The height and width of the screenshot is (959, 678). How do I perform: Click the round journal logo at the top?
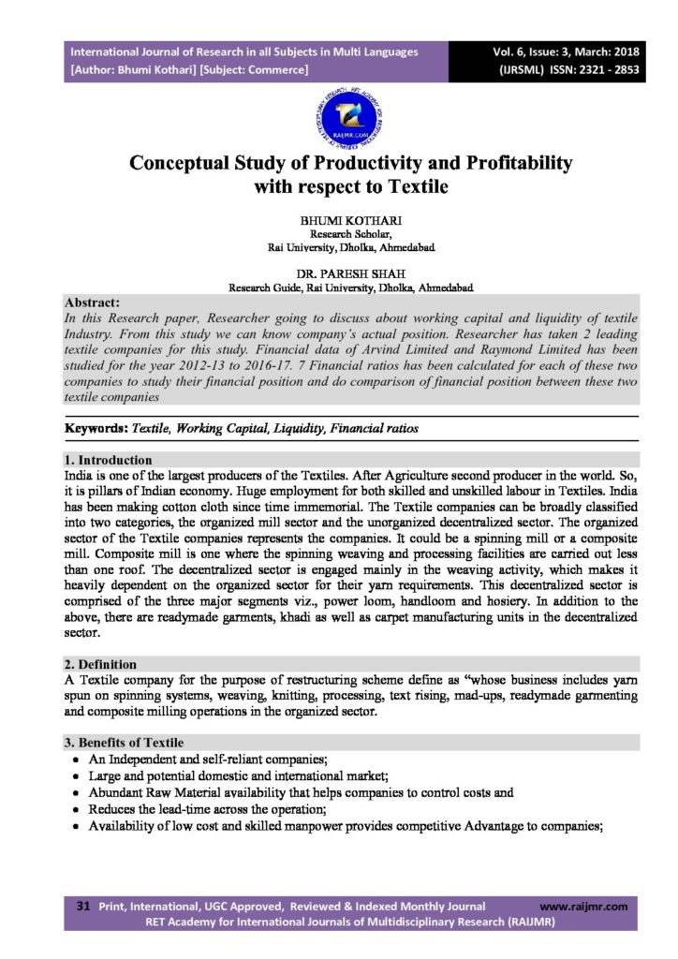338,117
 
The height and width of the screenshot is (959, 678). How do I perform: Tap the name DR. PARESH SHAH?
339,273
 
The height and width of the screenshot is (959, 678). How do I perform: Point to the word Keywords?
96,428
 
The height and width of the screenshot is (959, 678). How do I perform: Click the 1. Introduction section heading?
108,461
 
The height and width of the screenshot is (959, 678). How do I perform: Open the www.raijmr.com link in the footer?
584,907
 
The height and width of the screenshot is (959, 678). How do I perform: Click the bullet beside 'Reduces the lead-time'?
76,808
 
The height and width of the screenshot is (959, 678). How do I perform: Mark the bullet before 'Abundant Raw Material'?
76,792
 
